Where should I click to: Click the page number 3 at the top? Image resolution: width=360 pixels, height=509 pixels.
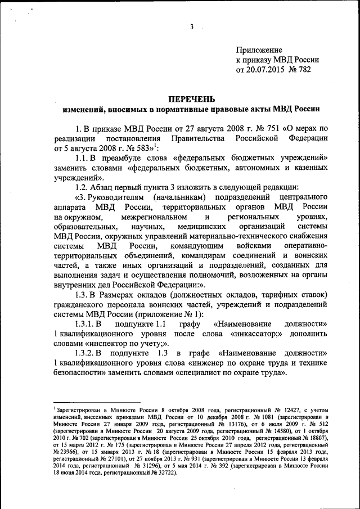coord(192,27)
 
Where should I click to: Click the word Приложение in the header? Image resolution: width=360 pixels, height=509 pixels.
coord(259,50)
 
